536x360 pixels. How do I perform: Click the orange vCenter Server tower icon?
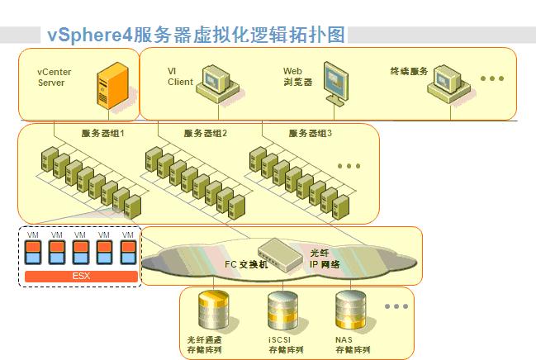coord(112,86)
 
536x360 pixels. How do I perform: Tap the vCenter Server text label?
coord(54,78)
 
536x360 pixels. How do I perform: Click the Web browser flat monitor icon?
coord(335,83)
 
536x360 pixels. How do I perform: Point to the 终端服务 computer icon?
coord(448,84)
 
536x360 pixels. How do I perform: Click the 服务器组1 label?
coord(102,133)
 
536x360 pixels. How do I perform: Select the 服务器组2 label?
coord(205,133)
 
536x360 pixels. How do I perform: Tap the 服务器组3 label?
coord(310,133)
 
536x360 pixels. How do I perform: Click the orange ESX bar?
coord(82,277)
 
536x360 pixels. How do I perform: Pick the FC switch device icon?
coord(280,254)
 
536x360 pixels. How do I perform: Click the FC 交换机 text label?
coord(246,264)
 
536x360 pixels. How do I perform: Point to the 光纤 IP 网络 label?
coord(325,258)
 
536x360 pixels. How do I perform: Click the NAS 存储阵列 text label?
coord(353,344)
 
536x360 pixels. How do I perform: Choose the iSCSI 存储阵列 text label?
coord(286,344)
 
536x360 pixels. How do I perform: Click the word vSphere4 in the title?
coord(89,35)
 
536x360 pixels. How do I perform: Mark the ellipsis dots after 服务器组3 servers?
coord(349,166)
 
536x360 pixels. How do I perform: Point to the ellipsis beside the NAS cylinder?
coord(396,306)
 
